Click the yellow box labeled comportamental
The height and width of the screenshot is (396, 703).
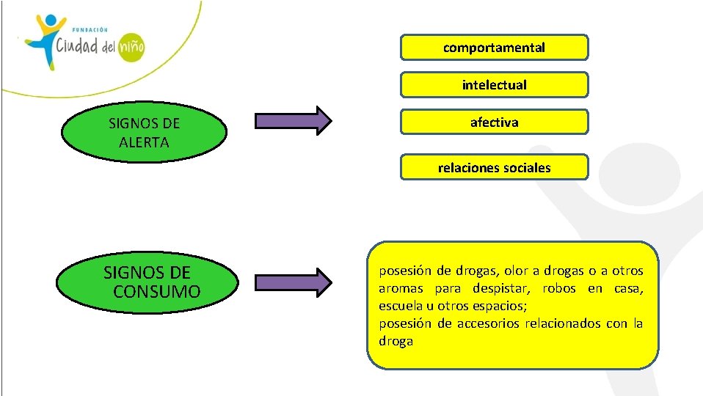tap(494, 48)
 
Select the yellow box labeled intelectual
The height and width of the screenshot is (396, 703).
tap(494, 85)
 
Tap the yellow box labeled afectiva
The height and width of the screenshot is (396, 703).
tap(494, 122)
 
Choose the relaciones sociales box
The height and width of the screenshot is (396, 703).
tap(494, 168)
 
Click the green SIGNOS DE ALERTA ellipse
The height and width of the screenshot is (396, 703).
tap(144, 133)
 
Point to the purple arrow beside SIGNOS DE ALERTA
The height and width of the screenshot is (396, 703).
tap(293, 121)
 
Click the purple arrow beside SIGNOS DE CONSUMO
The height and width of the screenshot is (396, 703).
tap(293, 282)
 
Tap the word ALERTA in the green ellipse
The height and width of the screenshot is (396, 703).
tap(144, 142)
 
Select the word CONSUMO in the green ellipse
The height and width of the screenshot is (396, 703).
tap(157, 292)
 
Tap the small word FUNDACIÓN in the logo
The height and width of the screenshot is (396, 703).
tap(90, 29)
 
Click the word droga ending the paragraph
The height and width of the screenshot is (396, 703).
tap(396, 341)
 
